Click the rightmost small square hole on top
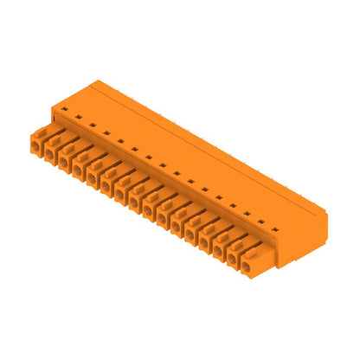[275, 229]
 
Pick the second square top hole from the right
[261, 222]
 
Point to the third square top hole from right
[247, 214]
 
